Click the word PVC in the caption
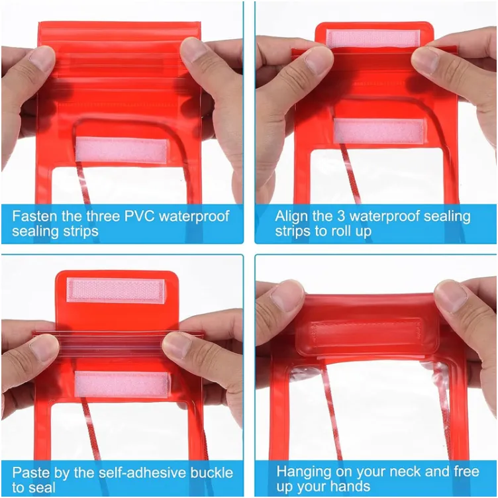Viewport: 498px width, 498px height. tap(140, 216)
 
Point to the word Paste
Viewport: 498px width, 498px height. tap(31, 473)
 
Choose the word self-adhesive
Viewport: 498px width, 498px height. tap(142, 473)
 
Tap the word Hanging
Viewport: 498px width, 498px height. tap(305, 473)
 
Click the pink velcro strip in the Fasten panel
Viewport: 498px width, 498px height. tap(121, 150)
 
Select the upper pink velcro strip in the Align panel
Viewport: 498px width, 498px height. tap(372, 39)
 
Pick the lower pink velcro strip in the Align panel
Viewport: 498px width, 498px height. tap(379, 130)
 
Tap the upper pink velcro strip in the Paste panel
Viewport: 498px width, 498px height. tap(116, 290)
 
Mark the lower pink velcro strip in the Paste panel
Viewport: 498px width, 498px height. tap(122, 384)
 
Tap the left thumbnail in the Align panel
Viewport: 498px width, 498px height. tap(317, 62)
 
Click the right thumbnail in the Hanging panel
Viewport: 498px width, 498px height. tap(452, 297)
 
